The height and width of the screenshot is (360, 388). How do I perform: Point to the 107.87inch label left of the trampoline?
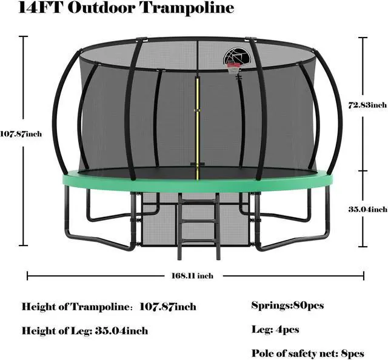[x=21, y=134]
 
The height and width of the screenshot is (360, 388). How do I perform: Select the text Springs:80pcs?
[x=287, y=305]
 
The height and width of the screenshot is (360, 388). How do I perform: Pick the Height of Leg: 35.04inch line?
[x=85, y=331]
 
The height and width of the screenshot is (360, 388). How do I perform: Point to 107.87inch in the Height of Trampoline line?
[x=168, y=307]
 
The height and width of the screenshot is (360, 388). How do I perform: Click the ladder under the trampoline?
[x=199, y=221]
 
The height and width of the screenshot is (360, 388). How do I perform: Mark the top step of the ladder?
[x=199, y=202]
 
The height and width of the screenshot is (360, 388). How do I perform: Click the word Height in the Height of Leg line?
[x=38, y=331]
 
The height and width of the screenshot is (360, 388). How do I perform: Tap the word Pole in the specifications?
[x=262, y=353]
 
